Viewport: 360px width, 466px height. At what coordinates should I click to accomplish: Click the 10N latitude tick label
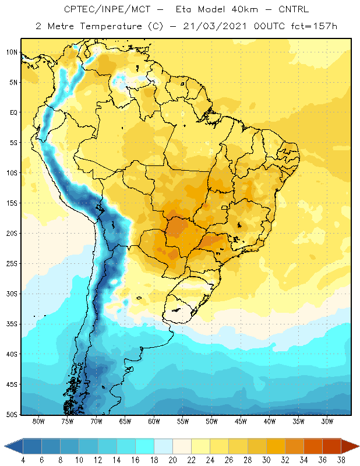[12, 52]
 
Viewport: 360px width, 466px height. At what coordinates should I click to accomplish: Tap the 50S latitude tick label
[12, 414]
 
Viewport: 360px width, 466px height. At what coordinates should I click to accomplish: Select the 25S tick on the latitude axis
[12, 264]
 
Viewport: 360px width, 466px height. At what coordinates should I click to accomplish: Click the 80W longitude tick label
[38, 421]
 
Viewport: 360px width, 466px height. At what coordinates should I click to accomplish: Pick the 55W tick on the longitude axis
[183, 421]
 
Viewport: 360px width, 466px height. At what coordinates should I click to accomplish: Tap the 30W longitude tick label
[327, 421]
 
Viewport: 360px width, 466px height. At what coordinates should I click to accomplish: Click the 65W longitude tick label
[125, 421]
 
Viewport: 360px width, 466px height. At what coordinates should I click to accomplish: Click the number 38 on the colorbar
[341, 460]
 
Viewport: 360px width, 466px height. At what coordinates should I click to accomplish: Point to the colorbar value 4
[23, 460]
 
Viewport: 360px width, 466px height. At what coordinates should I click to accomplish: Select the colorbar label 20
[172, 460]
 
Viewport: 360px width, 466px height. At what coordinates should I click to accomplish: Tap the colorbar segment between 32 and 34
[294, 446]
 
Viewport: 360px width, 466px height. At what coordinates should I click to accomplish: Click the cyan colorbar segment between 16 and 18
[145, 446]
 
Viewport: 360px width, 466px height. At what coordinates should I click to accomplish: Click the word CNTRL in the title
[294, 9]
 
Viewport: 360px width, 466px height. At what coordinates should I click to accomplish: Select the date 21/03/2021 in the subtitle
[215, 26]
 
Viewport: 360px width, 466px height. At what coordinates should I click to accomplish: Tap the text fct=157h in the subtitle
[314, 26]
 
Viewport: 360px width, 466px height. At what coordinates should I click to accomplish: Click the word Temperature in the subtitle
[111, 26]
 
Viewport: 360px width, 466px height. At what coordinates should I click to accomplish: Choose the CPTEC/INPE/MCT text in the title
[107, 9]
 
